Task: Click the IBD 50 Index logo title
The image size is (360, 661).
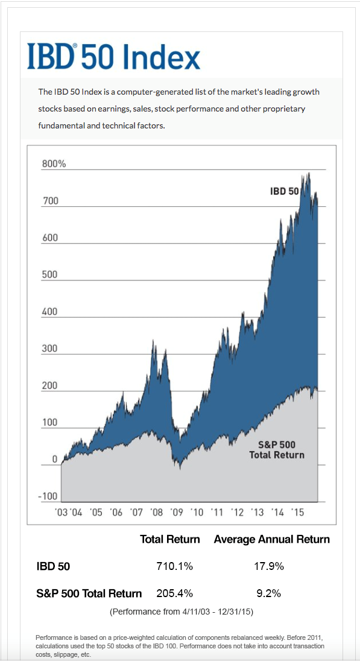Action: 113,57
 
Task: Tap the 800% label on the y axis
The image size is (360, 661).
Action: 54,164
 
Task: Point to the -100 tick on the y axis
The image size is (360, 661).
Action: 48,496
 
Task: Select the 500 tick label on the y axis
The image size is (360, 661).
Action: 50,275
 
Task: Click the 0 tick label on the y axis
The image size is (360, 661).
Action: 54,460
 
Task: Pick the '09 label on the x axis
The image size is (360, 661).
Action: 177,512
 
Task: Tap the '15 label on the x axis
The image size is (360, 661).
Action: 298,512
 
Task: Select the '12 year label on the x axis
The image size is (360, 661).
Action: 237,512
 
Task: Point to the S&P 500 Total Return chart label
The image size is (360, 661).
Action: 277,449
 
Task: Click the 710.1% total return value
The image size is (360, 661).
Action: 174,566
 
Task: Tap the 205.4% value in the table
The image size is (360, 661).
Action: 174,593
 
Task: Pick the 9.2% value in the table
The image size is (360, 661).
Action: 268,593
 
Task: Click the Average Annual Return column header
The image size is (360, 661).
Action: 271,539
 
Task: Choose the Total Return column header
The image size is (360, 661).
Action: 169,539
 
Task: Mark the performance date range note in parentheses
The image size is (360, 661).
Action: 180,612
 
